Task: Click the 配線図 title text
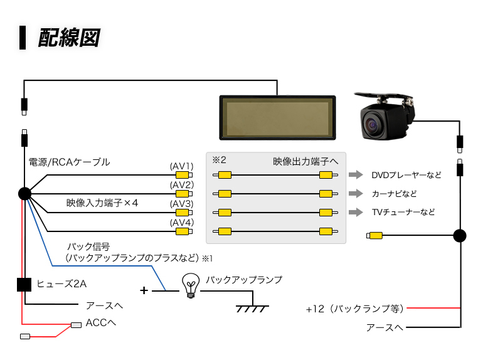[69, 38]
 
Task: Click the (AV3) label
[182, 204]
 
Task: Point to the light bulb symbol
[191, 285]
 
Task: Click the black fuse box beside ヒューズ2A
[24, 285]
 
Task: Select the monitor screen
[277, 118]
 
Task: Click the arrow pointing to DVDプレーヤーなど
[356, 174]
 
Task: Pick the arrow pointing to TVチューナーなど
[356, 212]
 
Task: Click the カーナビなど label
[395, 194]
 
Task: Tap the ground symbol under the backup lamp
[252, 309]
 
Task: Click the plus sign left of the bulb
[144, 290]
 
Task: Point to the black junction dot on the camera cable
[460, 236]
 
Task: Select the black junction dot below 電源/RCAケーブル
[24, 194]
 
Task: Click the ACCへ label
[101, 323]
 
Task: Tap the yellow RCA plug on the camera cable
[374, 236]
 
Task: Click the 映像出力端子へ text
[305, 161]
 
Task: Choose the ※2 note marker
[219, 160]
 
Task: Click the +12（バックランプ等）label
[355, 309]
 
